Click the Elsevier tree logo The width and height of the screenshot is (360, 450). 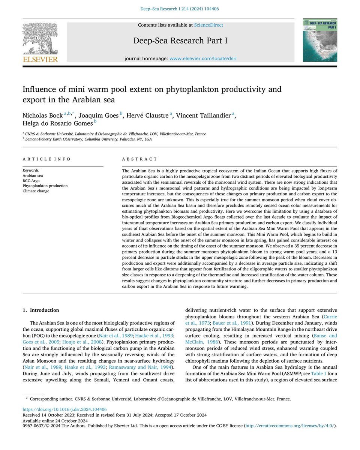(x=40, y=42)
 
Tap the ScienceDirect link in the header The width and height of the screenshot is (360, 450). (x=208, y=25)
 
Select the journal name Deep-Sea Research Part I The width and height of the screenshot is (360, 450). (x=180, y=40)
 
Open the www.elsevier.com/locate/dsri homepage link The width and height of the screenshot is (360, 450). (x=203, y=58)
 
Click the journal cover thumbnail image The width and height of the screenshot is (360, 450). (x=319, y=40)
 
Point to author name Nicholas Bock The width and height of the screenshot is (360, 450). (x=42, y=116)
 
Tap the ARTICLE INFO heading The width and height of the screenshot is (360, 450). (x=46, y=159)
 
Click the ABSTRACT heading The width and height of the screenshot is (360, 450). (x=140, y=159)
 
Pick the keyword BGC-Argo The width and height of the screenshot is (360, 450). (x=32, y=180)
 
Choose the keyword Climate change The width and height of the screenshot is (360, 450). (x=36, y=191)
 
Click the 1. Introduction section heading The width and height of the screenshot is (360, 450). (x=41, y=310)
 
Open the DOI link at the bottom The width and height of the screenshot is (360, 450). (x=64, y=409)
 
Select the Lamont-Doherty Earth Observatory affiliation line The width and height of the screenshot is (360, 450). (x=88, y=139)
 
